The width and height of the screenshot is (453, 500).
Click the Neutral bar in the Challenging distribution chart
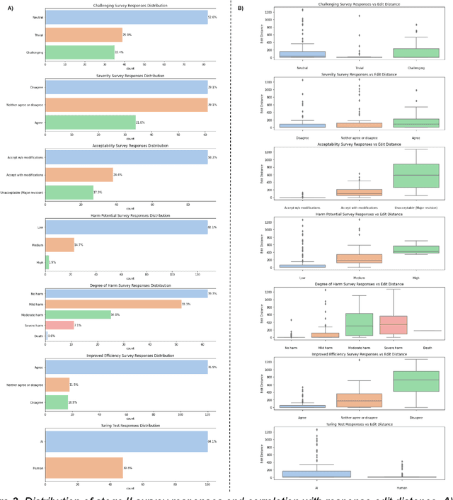[126, 17]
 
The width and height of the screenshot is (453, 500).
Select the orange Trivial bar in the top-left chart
[84, 35]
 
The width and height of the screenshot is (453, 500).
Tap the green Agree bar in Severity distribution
[90, 122]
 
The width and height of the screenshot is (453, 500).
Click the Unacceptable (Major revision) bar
[69, 192]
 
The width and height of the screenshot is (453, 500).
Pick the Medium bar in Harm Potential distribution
[59, 244]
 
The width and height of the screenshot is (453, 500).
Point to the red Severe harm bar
[59, 325]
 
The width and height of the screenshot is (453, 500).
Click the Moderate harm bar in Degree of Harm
[78, 314]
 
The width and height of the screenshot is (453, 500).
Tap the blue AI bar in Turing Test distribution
[126, 441]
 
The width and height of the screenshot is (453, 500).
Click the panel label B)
[241, 8]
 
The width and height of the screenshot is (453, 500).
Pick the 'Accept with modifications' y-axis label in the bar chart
[26, 174]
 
